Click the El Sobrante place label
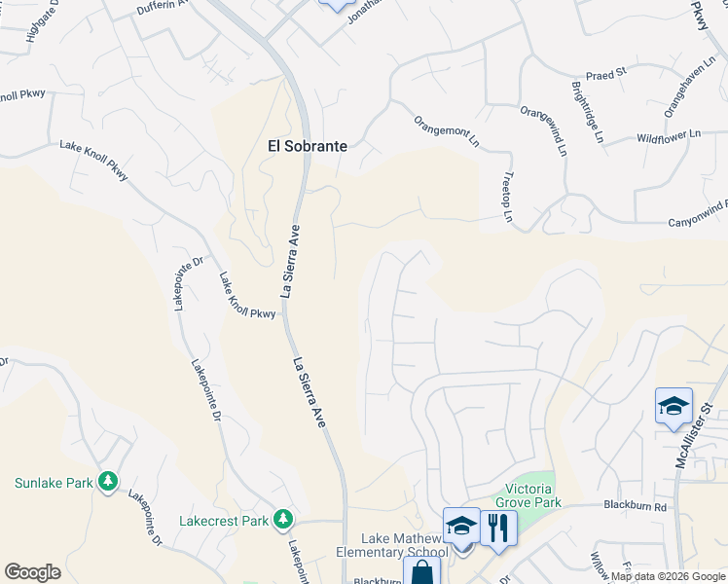coord(308,146)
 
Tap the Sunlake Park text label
coord(55,482)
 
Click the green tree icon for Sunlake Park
coord(108,481)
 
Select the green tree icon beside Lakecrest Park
coord(283,520)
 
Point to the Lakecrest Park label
coord(224,521)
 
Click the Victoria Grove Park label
coord(534,495)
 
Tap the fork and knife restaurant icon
coord(498,529)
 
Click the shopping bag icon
coord(422,570)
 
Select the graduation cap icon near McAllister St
coord(673,407)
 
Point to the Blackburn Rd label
coord(635,506)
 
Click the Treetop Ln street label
coord(508,198)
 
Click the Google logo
coord(32,571)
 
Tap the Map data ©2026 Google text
coord(667,576)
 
